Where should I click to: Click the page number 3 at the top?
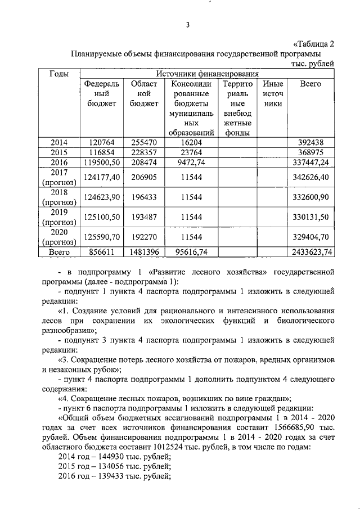188,24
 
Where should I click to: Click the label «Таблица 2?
314,44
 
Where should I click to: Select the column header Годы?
60,74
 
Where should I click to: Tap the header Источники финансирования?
207,74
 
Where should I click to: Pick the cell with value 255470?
144,143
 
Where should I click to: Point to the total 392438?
310,143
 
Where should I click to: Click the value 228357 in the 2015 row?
144,153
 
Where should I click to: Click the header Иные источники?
273,94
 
